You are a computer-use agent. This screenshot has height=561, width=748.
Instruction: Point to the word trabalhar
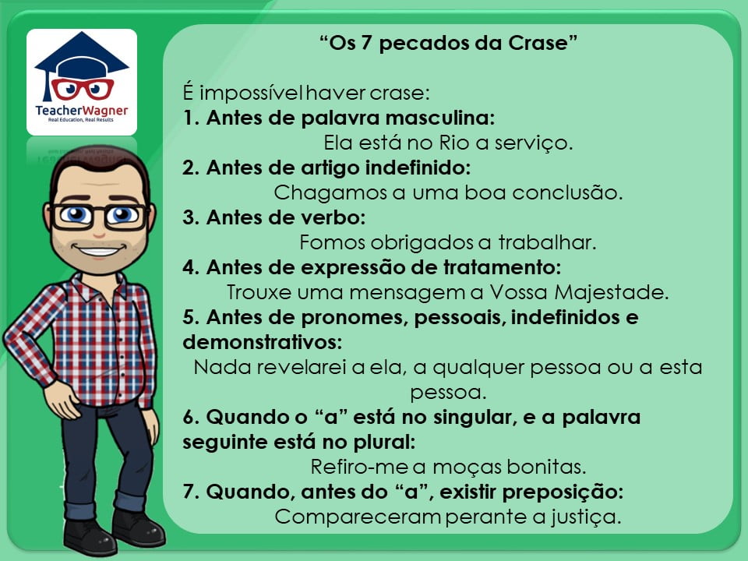[x=547, y=242]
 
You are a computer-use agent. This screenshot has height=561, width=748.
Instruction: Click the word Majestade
[x=611, y=292]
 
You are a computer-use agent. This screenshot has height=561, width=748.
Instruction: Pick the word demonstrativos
[x=263, y=342]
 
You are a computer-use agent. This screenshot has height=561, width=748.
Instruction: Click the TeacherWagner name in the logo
[x=82, y=111]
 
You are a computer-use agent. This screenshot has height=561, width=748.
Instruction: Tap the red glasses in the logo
[x=83, y=89]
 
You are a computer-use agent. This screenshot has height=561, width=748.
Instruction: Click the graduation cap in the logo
[x=82, y=54]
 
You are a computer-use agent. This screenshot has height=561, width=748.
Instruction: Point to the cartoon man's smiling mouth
[x=99, y=250]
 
